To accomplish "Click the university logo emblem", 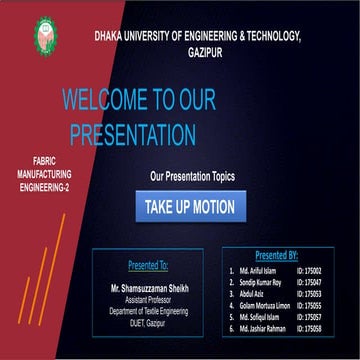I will tap(45, 35).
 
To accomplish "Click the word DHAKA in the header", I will tap(112, 36).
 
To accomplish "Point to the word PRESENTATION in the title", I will tap(129, 132).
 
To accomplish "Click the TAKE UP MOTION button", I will tap(189, 208).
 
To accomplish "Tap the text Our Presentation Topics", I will tap(192, 176).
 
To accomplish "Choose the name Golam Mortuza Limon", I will tap(265, 305).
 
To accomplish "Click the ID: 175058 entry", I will tap(309, 328).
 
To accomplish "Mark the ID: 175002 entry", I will tap(309, 271).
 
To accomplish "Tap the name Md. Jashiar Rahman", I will tap(263, 328).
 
